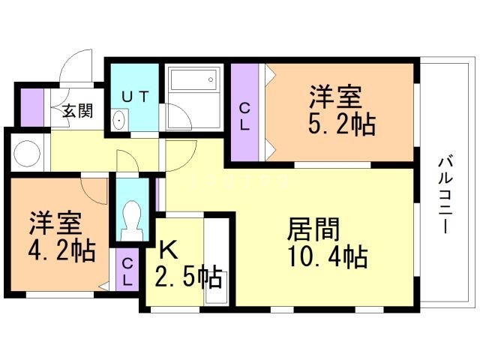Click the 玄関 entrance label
click(76, 112)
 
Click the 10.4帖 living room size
click(327, 256)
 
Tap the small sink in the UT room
click(118, 120)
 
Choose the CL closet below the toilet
click(127, 271)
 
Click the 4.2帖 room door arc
click(96, 190)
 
